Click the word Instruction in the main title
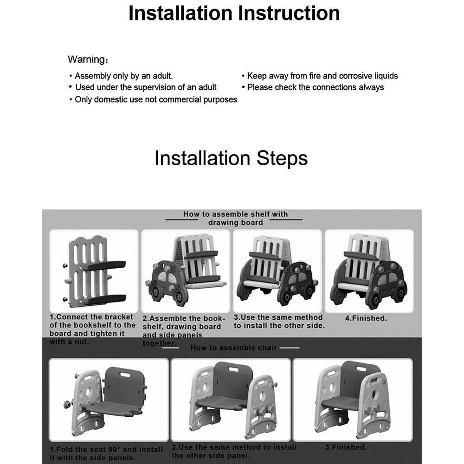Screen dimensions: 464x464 (x=289, y=13)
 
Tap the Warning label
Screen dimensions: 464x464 (x=88, y=59)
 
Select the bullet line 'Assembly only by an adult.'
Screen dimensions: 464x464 (x=121, y=76)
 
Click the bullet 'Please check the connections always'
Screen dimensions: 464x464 (x=313, y=87)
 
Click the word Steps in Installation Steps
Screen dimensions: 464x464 (x=282, y=158)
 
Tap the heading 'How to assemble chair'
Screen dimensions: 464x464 (x=233, y=348)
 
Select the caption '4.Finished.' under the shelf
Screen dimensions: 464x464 (x=366, y=318)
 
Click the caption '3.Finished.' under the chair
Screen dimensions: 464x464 (x=346, y=447)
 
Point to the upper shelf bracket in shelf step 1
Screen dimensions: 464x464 (x=105, y=264)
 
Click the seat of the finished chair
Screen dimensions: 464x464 (x=340, y=403)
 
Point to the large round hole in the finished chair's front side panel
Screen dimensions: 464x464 (x=375, y=394)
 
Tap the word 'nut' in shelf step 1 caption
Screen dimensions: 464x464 (x=83, y=342)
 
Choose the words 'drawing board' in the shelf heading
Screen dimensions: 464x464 (x=236, y=223)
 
